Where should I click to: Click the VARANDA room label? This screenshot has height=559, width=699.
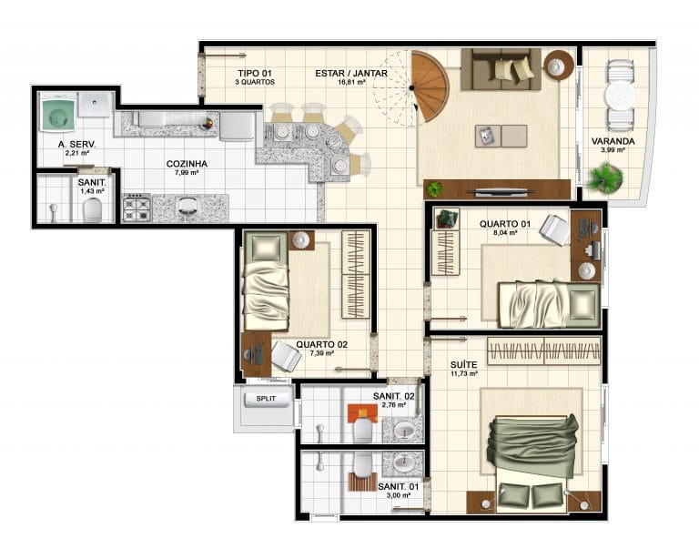point(613,141)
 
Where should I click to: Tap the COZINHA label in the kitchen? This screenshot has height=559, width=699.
point(187,164)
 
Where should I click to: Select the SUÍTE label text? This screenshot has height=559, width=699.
point(463,365)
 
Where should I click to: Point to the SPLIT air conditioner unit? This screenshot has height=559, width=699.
point(266,399)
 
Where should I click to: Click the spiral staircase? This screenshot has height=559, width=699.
point(428,86)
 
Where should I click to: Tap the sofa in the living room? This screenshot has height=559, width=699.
point(501,69)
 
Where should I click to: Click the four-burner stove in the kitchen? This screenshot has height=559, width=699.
point(137,208)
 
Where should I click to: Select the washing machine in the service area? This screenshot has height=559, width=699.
point(57,115)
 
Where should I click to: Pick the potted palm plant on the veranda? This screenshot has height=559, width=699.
point(605,178)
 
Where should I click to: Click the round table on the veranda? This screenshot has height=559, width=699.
point(620,95)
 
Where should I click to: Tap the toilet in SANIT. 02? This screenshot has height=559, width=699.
point(362,430)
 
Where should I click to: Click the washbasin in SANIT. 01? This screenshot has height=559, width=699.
point(404,463)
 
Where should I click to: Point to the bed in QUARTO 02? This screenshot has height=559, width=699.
point(266,280)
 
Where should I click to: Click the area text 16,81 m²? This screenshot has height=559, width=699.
point(351,82)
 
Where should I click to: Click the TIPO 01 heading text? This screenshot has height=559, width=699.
point(255,73)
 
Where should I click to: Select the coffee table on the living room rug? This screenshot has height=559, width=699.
point(501,136)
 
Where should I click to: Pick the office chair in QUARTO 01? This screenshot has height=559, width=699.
point(555,230)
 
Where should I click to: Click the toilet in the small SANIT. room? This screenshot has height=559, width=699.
point(92,209)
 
